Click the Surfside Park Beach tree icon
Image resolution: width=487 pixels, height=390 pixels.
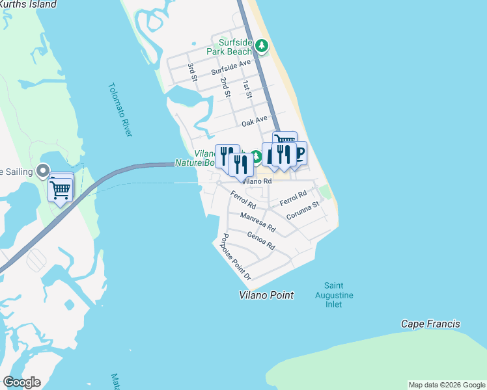point(262,45)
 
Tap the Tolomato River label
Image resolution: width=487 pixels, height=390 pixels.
point(120,109)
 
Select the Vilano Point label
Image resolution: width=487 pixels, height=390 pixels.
point(265,295)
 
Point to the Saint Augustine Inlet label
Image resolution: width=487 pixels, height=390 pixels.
point(339,295)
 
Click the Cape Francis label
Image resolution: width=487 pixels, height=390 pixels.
point(430,324)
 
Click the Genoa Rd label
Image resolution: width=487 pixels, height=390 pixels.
point(261,241)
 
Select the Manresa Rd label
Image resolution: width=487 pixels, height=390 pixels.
point(258,223)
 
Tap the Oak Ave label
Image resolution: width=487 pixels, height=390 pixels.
point(255,121)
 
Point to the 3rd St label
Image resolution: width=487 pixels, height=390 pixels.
point(193,72)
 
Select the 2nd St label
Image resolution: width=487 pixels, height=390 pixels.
point(225,87)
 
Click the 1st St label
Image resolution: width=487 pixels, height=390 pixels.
point(247,90)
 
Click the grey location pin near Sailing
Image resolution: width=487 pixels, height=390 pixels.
point(44,172)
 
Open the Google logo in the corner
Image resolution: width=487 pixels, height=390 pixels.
point(21,382)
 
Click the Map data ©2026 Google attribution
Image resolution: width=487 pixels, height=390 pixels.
point(447,385)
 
